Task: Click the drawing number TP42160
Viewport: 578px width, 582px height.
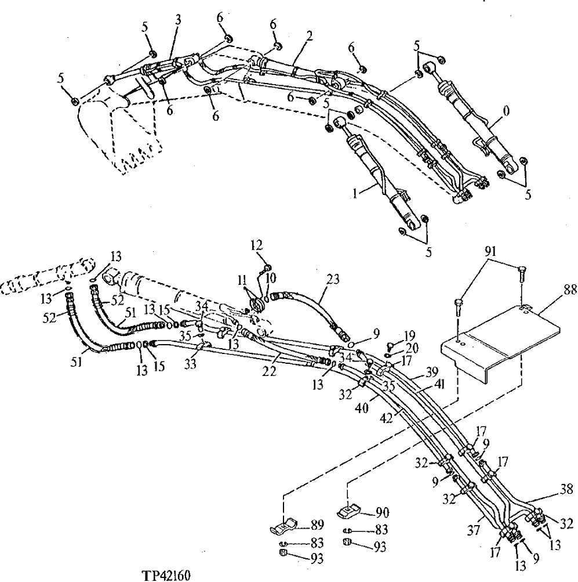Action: [x=165, y=576]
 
